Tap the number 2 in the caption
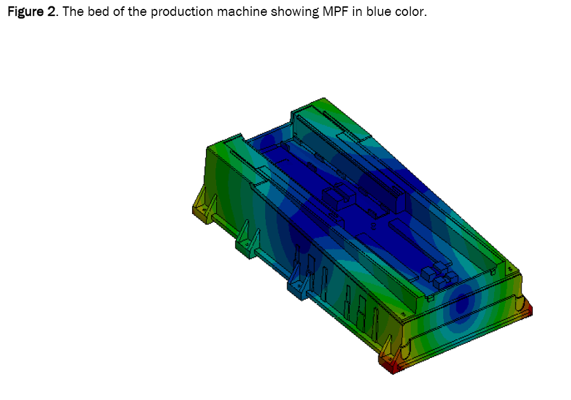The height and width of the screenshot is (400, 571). [x=51, y=11]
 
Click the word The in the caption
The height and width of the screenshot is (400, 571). [x=73, y=11]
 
